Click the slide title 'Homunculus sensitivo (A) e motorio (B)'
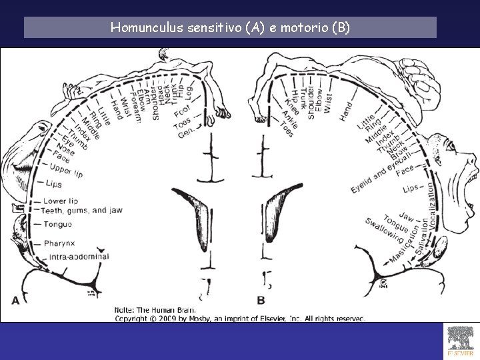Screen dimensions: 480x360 230,28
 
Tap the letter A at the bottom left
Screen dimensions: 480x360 15,299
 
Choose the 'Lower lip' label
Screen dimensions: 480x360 61,201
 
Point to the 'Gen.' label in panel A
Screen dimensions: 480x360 183,134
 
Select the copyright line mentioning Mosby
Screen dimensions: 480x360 239,319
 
